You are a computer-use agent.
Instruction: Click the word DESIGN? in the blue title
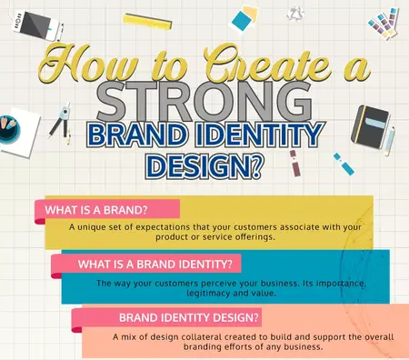point(204,167)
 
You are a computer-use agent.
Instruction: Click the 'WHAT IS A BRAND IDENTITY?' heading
point(155,265)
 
